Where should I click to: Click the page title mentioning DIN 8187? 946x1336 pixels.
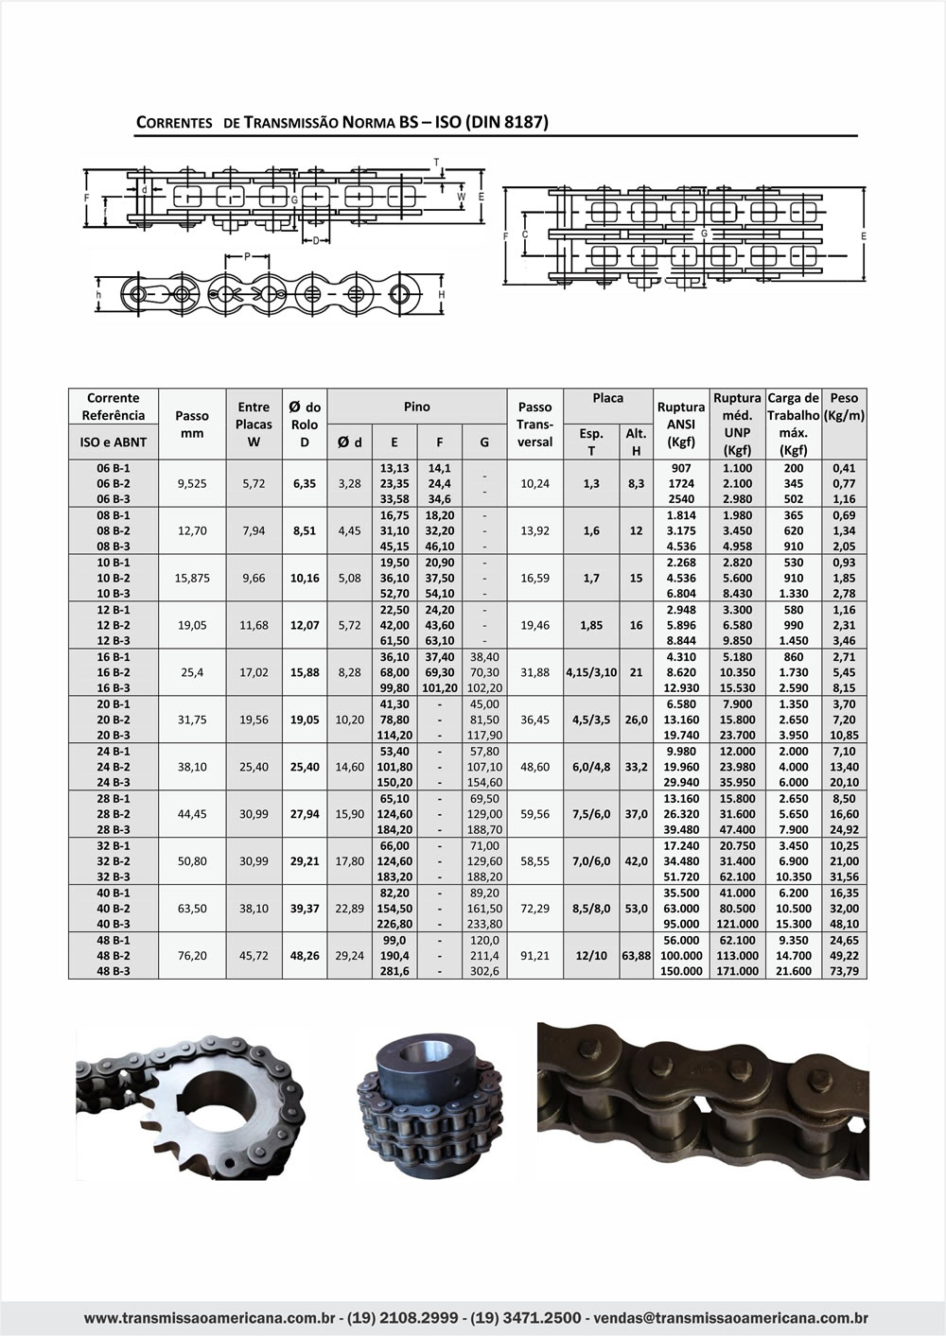point(342,122)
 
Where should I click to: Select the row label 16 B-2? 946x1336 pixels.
point(114,672)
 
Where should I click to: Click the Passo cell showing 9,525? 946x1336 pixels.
point(192,483)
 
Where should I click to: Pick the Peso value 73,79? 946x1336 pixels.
point(844,971)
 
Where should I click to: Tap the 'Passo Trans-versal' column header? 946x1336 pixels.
point(534,425)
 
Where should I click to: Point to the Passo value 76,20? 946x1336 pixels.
point(192,956)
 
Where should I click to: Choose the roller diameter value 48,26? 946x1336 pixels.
point(305,956)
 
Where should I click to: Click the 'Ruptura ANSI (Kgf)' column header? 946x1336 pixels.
point(681,425)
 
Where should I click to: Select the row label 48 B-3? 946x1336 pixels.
point(114,971)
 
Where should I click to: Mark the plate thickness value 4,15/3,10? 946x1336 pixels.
point(591,672)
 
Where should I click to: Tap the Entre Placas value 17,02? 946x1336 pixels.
point(254,672)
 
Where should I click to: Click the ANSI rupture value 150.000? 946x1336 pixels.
point(681,971)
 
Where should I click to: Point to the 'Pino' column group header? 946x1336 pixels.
point(417,407)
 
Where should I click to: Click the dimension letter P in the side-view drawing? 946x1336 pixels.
point(248,256)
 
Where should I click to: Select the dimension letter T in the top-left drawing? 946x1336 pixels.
point(436,162)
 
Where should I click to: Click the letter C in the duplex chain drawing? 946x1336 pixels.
point(525,233)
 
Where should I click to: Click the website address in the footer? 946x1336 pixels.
point(211,1317)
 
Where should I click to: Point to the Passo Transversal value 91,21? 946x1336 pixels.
point(534,956)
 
